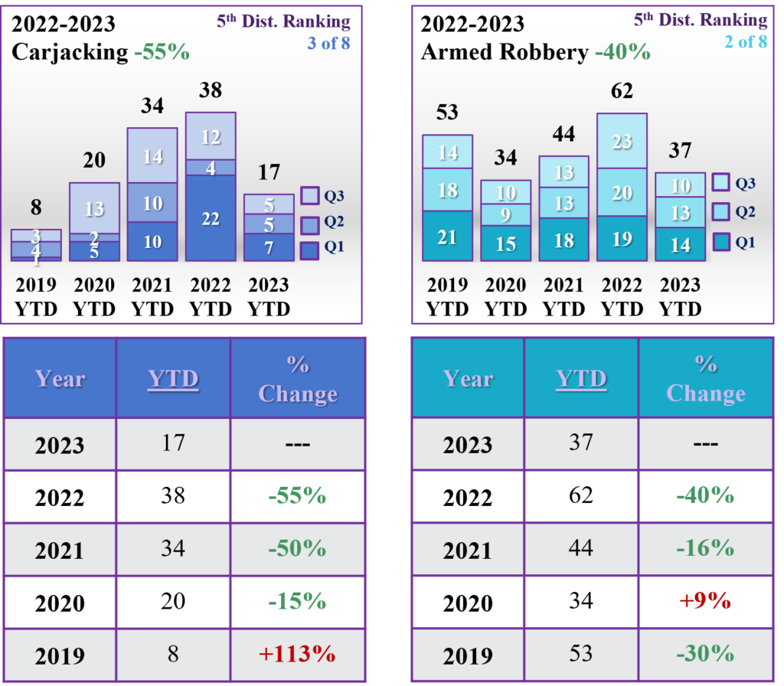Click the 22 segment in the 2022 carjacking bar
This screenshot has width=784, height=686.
[211, 219]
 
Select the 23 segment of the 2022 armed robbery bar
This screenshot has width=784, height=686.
[622, 142]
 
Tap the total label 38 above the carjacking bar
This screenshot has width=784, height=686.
[211, 90]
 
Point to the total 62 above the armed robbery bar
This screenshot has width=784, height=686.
[622, 91]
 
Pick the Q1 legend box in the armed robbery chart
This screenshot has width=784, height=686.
[720, 243]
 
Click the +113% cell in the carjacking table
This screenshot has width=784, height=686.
[297, 654]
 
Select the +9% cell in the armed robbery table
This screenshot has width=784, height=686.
[705, 601]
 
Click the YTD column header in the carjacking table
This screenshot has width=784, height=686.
[173, 379]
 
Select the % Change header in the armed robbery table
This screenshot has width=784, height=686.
[705, 378]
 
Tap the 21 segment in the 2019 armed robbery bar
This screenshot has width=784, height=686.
[447, 238]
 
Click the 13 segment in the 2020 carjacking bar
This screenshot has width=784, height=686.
[95, 208]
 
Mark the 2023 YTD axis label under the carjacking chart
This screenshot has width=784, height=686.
[269, 297]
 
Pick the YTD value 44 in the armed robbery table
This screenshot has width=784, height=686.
[582, 548]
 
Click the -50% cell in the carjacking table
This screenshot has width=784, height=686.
[297, 548]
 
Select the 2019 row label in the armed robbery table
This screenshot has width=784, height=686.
[468, 655]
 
